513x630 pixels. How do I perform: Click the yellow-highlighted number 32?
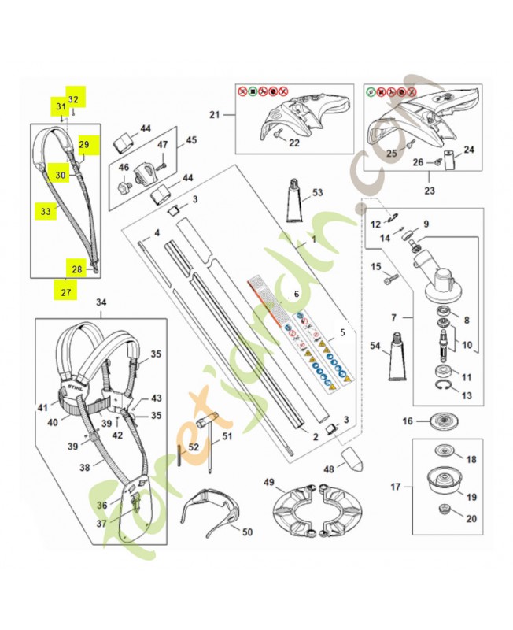[x=73, y=99]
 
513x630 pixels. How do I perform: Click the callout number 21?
[x=214, y=115]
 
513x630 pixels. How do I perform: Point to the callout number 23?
[x=430, y=190]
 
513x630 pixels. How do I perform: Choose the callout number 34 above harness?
[x=101, y=302]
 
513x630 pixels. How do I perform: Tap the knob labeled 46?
[x=124, y=188]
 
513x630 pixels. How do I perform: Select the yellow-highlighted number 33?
[x=46, y=211]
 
